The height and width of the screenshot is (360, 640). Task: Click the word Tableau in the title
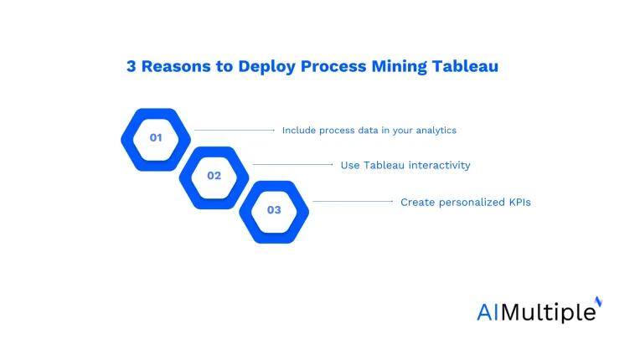(465, 66)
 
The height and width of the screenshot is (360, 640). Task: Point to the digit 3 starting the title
(131, 66)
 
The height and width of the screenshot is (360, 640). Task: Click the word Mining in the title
(399, 67)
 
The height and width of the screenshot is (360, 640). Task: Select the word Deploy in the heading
(266, 67)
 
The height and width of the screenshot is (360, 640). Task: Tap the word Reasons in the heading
(176, 66)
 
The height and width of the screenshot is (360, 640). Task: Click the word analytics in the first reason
(436, 131)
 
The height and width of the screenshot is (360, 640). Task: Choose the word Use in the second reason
(350, 165)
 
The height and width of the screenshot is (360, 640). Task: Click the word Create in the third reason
(417, 203)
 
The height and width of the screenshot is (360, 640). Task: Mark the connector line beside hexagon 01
(235, 130)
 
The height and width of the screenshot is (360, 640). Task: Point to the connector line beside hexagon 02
(293, 164)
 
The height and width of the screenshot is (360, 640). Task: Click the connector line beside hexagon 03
(353, 201)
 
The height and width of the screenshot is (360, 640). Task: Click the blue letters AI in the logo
(488, 312)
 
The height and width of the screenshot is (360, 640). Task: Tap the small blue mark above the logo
(598, 301)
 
